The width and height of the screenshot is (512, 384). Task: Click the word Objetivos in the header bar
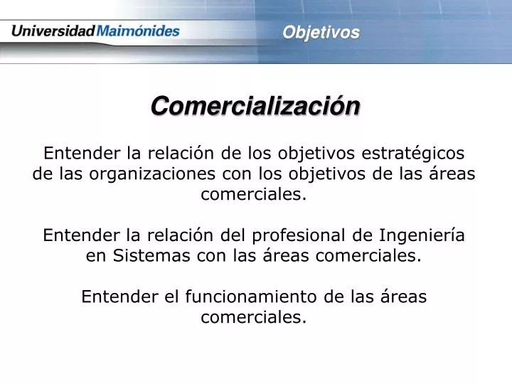tap(321, 32)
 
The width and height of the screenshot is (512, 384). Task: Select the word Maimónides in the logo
tap(138, 31)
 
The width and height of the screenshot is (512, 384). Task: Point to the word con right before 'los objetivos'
tap(240, 174)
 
